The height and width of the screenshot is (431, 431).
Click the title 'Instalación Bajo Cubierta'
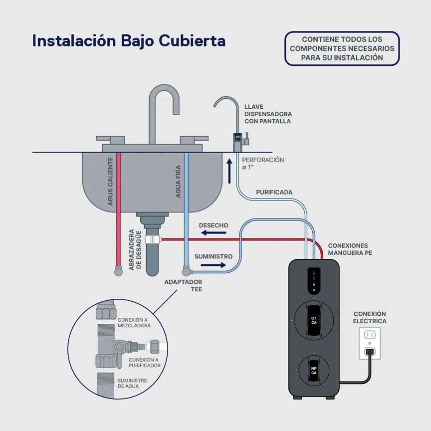129,41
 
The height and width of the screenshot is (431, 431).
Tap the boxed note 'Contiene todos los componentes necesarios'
342,48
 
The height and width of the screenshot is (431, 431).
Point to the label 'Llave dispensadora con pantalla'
268,114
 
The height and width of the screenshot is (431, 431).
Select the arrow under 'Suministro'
214,265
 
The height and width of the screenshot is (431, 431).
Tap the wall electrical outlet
370,343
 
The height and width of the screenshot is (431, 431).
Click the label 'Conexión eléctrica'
370,317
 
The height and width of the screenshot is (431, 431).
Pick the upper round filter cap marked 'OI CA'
314,320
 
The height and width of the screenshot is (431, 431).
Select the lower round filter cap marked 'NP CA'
314,372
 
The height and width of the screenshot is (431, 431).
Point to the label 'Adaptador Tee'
183,285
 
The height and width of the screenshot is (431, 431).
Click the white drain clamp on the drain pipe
152,240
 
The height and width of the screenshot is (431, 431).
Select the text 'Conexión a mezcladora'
134,322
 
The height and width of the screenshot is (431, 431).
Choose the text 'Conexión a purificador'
145,362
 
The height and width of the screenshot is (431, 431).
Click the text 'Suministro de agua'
133,383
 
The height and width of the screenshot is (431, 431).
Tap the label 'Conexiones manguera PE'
350,249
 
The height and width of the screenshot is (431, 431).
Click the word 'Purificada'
274,192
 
